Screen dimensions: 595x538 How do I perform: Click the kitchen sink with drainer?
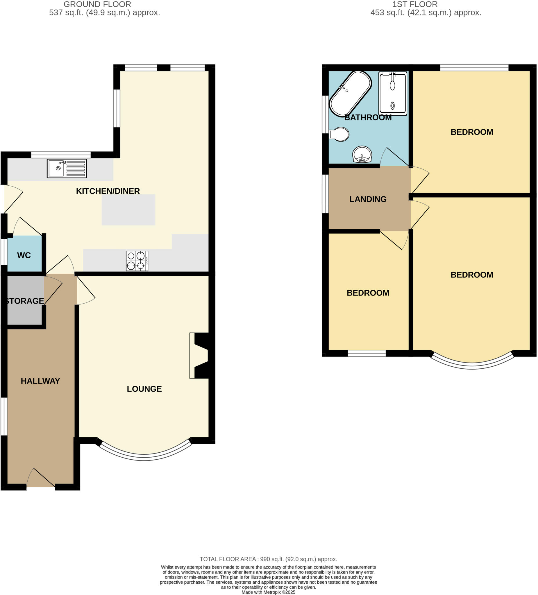coord(67,169)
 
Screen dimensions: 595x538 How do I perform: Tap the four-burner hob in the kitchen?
coord(137,261)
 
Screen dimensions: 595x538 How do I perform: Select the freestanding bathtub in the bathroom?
coord(350,94)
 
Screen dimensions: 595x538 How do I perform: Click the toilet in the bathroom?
coord(339,135)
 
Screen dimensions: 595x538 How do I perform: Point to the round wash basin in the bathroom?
coord(362,154)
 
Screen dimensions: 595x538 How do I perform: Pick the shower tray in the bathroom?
coord(393,94)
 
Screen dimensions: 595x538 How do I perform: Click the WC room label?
coord(24,255)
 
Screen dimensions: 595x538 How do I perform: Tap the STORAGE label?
coord(25,301)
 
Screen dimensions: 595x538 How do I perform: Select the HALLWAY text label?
coord(40,381)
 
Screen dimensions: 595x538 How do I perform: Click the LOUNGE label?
coord(144,389)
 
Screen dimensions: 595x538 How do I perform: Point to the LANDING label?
coord(368,199)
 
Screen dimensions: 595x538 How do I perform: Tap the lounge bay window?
coord(144,458)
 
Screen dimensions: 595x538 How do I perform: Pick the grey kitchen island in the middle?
coord(128,210)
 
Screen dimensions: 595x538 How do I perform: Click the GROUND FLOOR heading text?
coord(97,4)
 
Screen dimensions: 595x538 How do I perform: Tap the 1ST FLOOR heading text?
coord(414,4)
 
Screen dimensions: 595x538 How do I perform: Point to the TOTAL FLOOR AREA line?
coord(268,559)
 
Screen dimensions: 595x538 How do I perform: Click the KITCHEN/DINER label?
coord(108,191)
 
